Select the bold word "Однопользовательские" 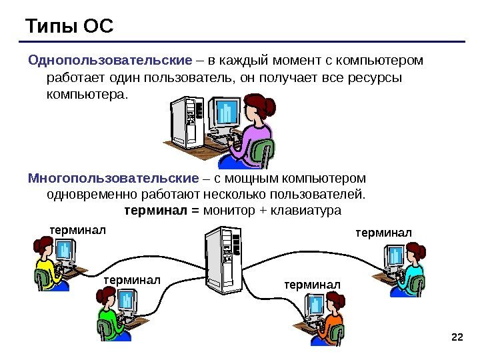point(110,61)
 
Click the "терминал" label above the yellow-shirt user point(78,230)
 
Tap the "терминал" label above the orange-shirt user point(312,285)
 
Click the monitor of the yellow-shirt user point(65,251)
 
